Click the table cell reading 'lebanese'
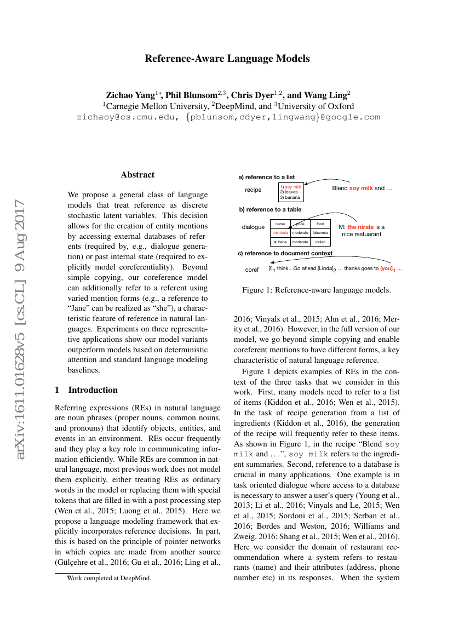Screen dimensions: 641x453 (320, 233)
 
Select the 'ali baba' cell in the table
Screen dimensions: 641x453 (280, 242)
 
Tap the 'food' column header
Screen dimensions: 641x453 (320, 224)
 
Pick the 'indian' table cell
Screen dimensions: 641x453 (320, 242)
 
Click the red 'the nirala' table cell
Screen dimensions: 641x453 (280, 233)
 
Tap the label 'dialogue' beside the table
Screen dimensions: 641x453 (253, 227)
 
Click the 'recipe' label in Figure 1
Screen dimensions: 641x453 (253, 190)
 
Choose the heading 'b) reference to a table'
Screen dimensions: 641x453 (269, 209)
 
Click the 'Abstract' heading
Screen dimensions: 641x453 (137, 175)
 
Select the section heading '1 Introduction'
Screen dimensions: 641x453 (87, 390)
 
